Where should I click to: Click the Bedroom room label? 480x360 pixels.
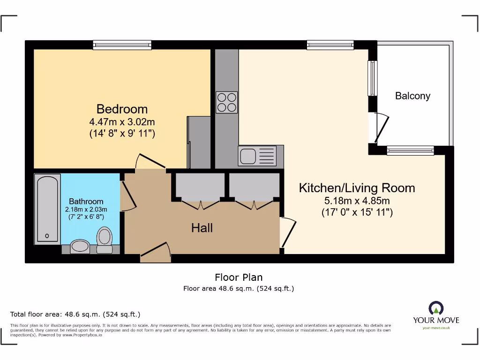[x=122, y=109]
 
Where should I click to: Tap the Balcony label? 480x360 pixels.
[x=412, y=96]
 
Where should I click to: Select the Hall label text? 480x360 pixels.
[x=202, y=228]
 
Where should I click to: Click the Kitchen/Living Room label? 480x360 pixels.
[x=357, y=188]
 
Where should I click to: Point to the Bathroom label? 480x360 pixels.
[x=86, y=201]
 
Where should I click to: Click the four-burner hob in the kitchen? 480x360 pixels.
[x=227, y=102]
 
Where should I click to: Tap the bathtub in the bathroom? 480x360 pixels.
[x=48, y=208]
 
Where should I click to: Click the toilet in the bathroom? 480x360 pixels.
[x=104, y=237]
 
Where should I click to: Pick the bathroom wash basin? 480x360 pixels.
[x=80, y=246]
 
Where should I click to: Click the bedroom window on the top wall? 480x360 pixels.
[x=122, y=45]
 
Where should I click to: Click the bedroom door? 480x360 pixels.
[x=150, y=162]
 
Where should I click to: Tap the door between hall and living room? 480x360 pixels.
[x=288, y=232]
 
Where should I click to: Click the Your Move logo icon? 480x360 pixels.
[x=436, y=308]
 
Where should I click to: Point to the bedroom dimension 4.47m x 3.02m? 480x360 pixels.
[x=122, y=122]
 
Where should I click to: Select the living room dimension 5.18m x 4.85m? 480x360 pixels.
[x=357, y=201]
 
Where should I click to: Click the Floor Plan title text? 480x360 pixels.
[x=239, y=277]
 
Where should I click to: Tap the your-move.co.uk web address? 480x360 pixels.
[x=436, y=328]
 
